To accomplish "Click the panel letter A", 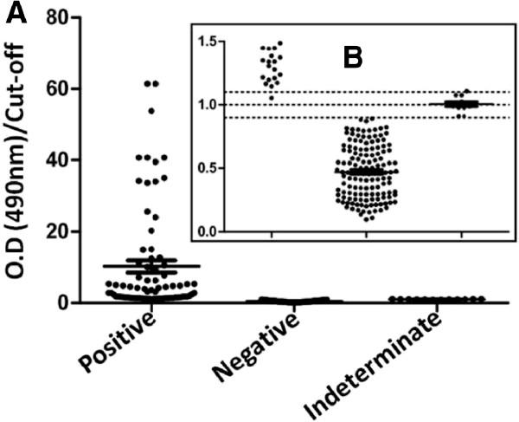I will (14, 13).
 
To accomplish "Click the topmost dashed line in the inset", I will (363, 92).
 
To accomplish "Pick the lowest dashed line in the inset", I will (363, 117).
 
